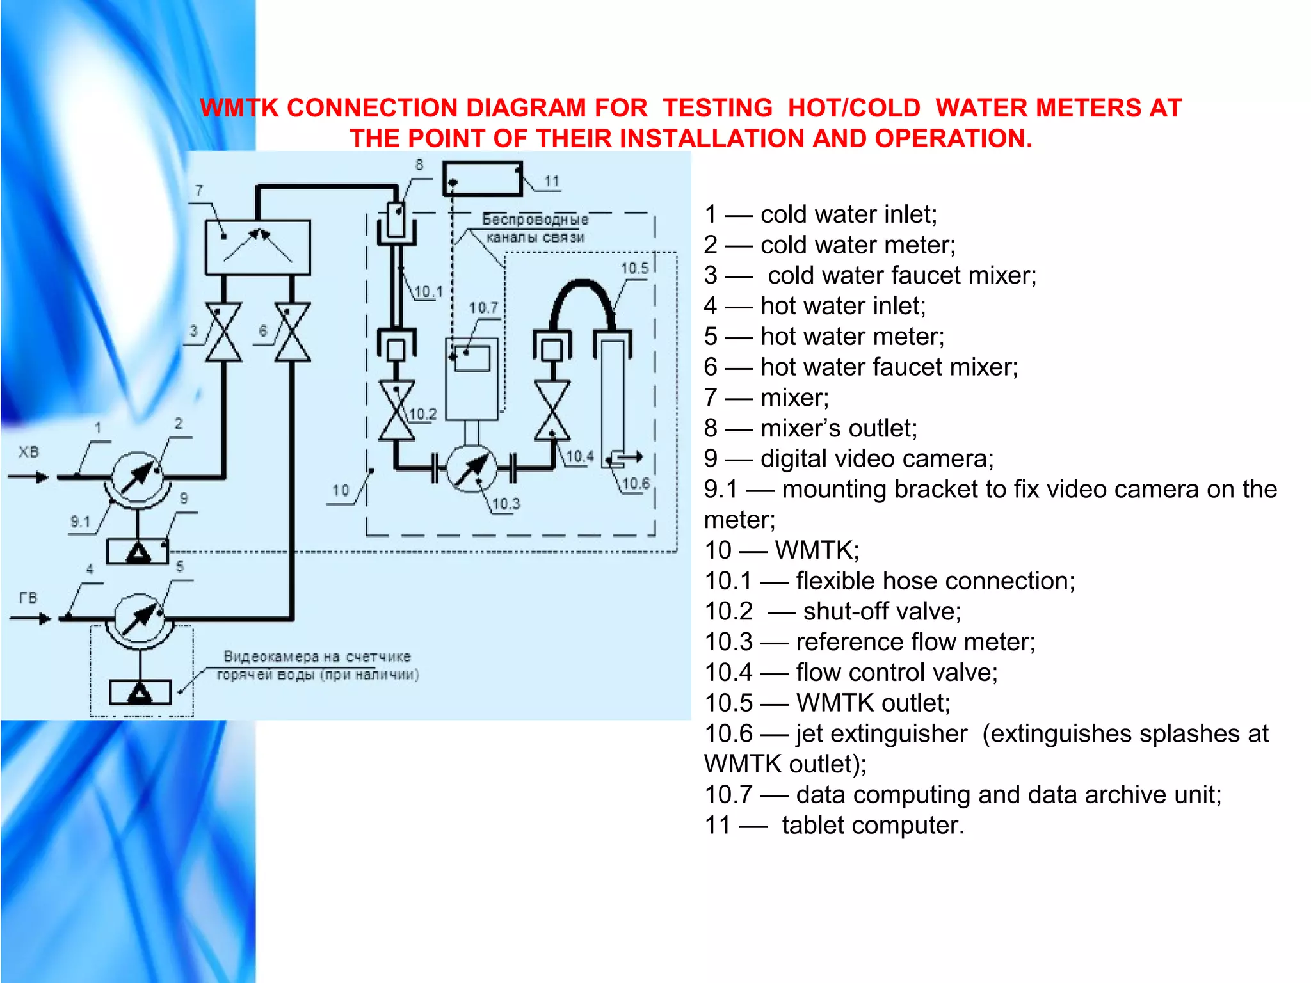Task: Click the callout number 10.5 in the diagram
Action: (634, 268)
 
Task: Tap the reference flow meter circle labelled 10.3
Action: (471, 469)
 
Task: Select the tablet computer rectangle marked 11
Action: (483, 179)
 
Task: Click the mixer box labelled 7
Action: (257, 247)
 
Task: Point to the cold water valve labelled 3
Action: (223, 332)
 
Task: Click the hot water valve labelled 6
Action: (293, 332)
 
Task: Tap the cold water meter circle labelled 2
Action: (137, 477)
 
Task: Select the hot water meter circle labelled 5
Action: (139, 619)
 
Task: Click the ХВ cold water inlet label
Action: (28, 452)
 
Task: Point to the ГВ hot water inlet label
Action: (28, 598)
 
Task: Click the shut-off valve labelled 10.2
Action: (396, 410)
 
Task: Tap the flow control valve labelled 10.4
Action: (552, 410)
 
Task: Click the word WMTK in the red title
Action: (239, 108)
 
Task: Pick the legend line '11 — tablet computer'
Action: (833, 825)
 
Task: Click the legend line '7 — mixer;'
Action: (766, 397)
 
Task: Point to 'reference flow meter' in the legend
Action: (915, 641)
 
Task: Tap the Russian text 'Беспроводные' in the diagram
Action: (535, 220)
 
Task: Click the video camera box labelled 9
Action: (138, 552)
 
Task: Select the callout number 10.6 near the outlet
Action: (636, 483)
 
